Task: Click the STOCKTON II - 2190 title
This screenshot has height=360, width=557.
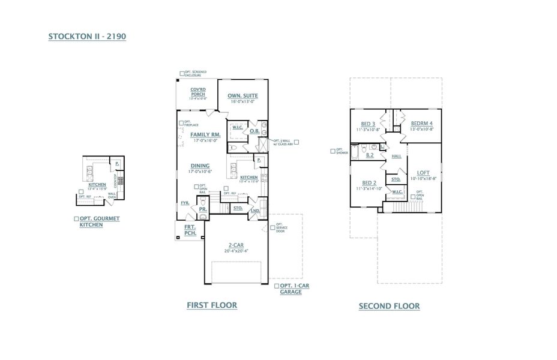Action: point(87,37)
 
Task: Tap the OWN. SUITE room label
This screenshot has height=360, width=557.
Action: point(242,96)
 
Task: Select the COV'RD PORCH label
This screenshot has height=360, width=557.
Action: point(198,92)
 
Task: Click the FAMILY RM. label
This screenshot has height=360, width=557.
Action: point(205,135)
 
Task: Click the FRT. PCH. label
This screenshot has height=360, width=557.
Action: point(190,230)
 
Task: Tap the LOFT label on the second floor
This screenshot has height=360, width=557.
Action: point(423,173)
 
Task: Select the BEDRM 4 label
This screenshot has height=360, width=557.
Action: point(421,124)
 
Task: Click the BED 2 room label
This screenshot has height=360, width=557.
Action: point(369,182)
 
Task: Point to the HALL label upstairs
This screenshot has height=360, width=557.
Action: point(396,156)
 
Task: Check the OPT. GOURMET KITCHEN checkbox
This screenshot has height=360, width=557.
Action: point(76,220)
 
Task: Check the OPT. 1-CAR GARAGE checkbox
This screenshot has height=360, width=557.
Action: point(276,286)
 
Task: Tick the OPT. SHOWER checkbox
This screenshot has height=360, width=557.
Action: point(333,151)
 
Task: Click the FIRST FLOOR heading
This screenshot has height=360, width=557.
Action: point(212,305)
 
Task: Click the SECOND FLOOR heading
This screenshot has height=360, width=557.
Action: point(389,306)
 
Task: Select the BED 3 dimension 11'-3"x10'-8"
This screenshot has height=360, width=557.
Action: point(369,129)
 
